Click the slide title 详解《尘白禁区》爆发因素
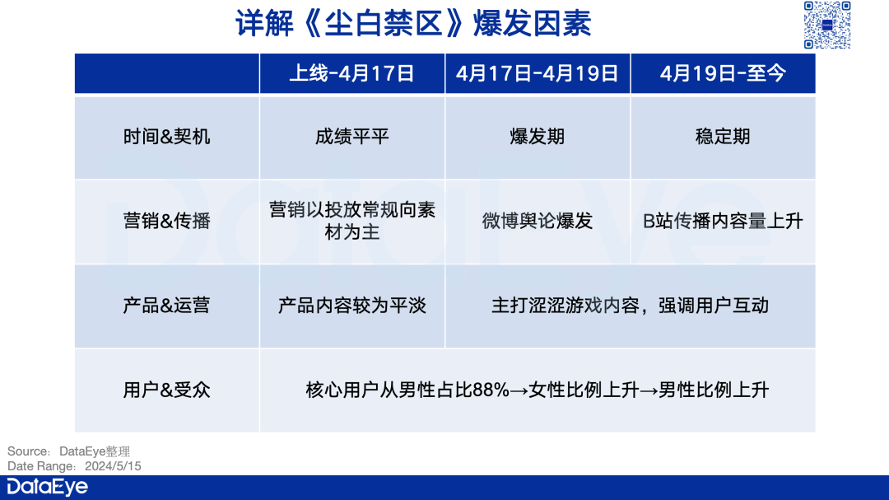tap(413, 24)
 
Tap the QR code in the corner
tap(826, 25)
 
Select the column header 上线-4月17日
tap(351, 73)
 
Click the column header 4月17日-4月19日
tap(537, 73)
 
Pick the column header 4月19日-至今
tap(723, 73)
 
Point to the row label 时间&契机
tap(166, 137)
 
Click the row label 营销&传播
tap(166, 221)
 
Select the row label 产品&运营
tap(166, 305)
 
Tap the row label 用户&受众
tap(166, 390)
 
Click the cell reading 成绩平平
tap(351, 137)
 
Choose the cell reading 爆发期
tap(537, 137)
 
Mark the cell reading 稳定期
tap(723, 137)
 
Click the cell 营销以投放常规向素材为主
tap(351, 221)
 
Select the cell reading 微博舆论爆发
tap(537, 221)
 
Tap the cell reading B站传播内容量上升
tap(723, 221)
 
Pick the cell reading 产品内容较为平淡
tap(351, 306)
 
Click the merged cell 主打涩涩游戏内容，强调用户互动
tap(630, 306)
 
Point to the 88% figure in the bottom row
tap(491, 390)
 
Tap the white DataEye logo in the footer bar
tap(47, 488)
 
